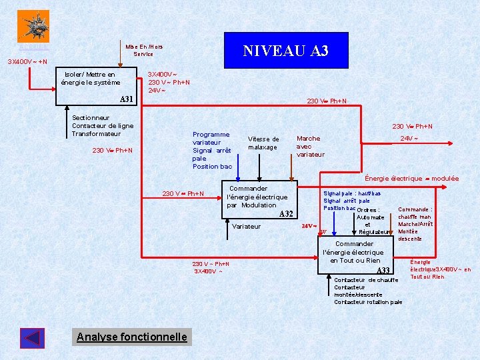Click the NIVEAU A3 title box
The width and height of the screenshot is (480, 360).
[285, 51]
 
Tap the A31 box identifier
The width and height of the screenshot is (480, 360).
[127, 99]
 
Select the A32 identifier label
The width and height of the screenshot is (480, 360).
[286, 213]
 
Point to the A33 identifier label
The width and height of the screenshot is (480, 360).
[383, 271]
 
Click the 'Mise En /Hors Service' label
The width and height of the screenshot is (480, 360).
[143, 50]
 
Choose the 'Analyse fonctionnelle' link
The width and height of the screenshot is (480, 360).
[132, 337]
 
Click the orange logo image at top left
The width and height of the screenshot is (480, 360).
[33, 26]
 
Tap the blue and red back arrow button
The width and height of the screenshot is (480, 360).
[32, 338]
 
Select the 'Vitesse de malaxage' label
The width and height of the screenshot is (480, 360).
[263, 143]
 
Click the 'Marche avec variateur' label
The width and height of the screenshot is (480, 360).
[310, 147]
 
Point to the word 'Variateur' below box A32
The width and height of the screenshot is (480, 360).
[247, 227]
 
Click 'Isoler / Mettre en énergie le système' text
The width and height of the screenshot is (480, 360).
[93, 79]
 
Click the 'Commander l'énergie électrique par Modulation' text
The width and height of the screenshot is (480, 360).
[257, 197]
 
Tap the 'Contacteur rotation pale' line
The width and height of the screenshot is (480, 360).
[368, 302]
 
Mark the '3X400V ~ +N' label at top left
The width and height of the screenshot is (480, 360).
[27, 61]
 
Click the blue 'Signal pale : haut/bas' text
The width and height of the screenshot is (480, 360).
[352, 193]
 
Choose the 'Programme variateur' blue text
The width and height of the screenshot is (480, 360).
[211, 138]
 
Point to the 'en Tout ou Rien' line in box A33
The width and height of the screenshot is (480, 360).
[355, 260]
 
